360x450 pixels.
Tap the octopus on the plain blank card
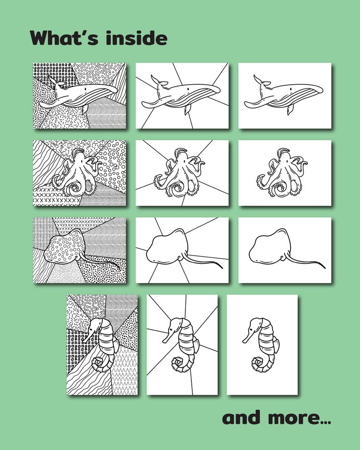click(282, 174)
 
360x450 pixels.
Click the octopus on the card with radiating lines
click(180, 174)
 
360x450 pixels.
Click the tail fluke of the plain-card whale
click(259, 81)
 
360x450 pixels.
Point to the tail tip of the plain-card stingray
click(324, 267)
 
